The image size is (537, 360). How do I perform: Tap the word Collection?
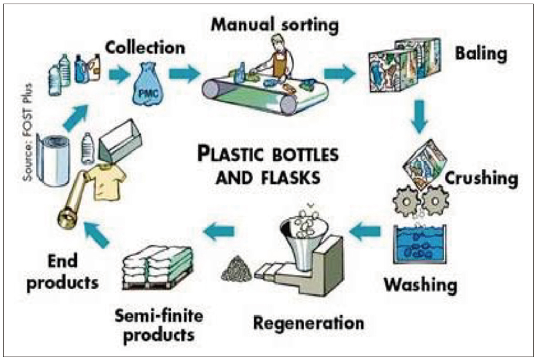click(x=145, y=48)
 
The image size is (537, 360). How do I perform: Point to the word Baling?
click(x=481, y=54)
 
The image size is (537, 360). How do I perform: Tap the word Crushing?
click(x=481, y=178)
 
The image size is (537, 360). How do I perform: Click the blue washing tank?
click(x=420, y=244)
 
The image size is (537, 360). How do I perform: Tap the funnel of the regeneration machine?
click(x=304, y=231)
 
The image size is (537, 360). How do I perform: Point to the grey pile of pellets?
click(x=236, y=269)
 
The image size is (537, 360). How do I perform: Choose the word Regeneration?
click(x=308, y=322)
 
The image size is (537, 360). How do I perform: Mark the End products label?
click(x=62, y=271)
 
